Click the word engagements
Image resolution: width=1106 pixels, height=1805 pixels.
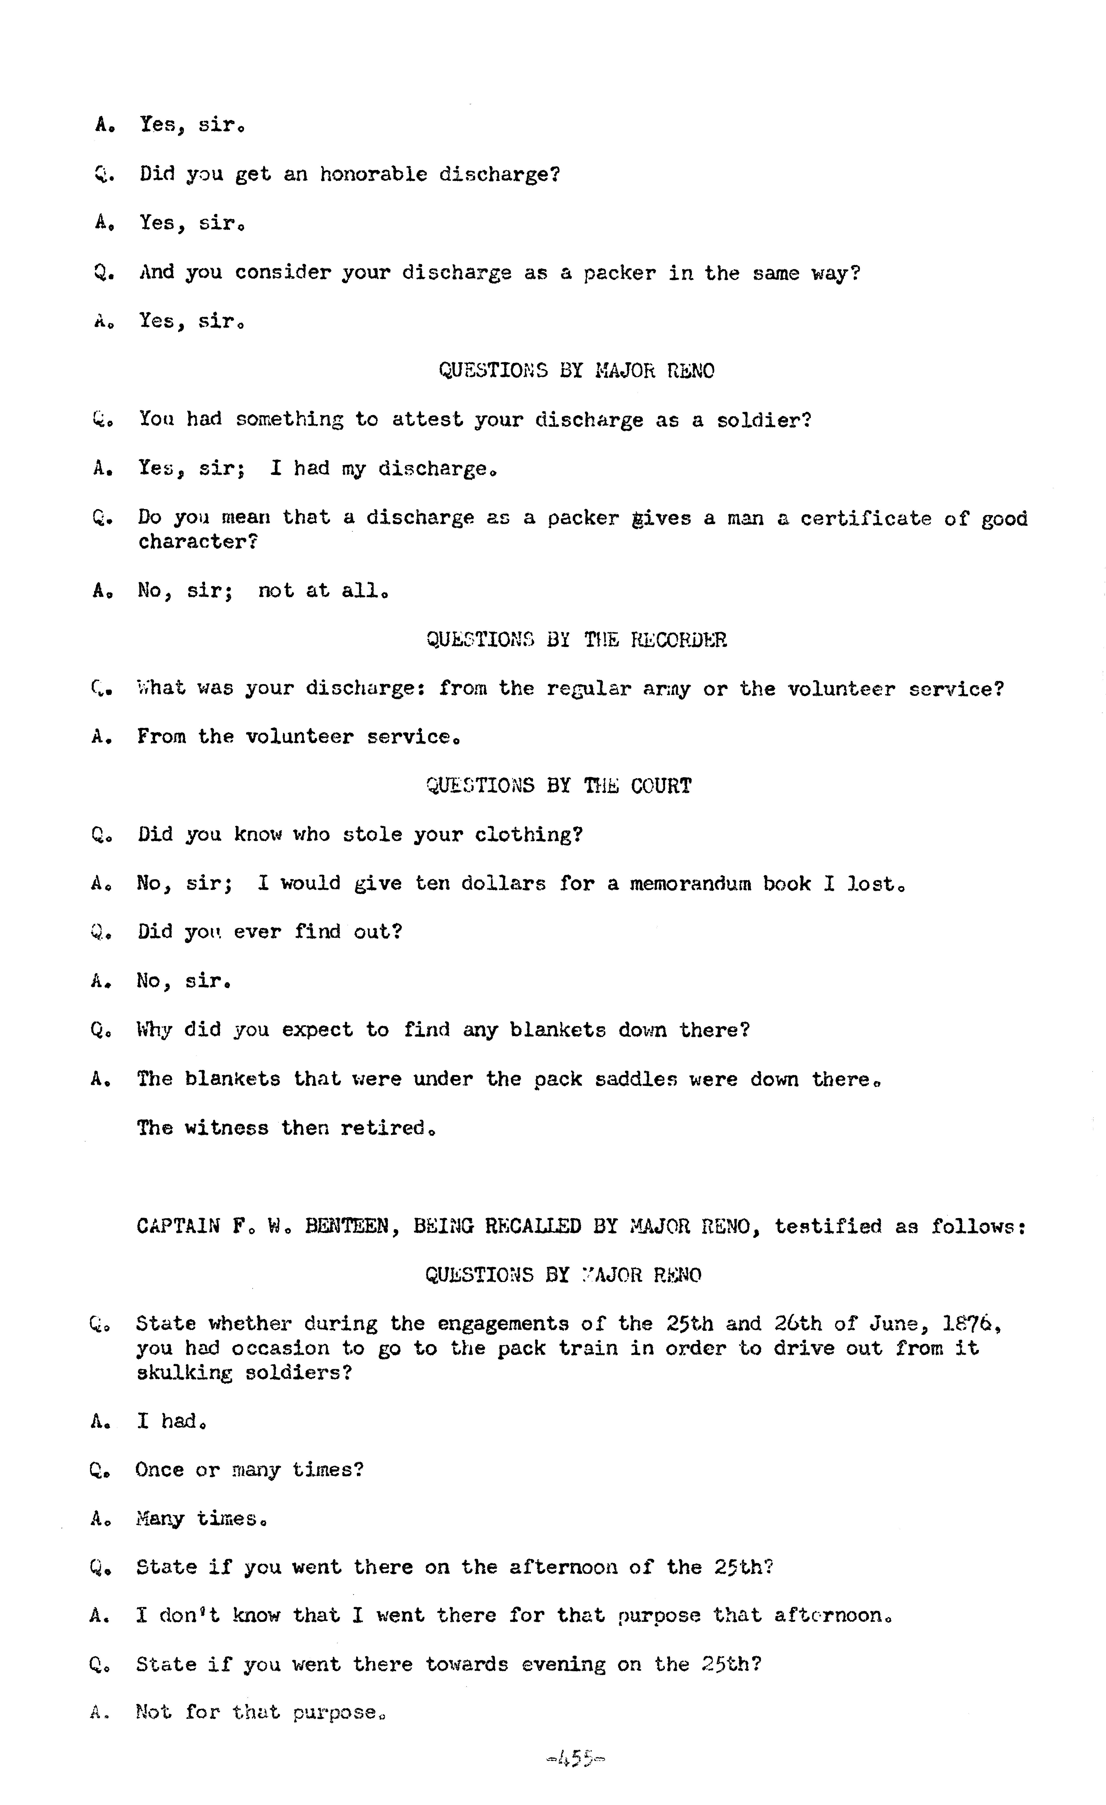coord(503,1324)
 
